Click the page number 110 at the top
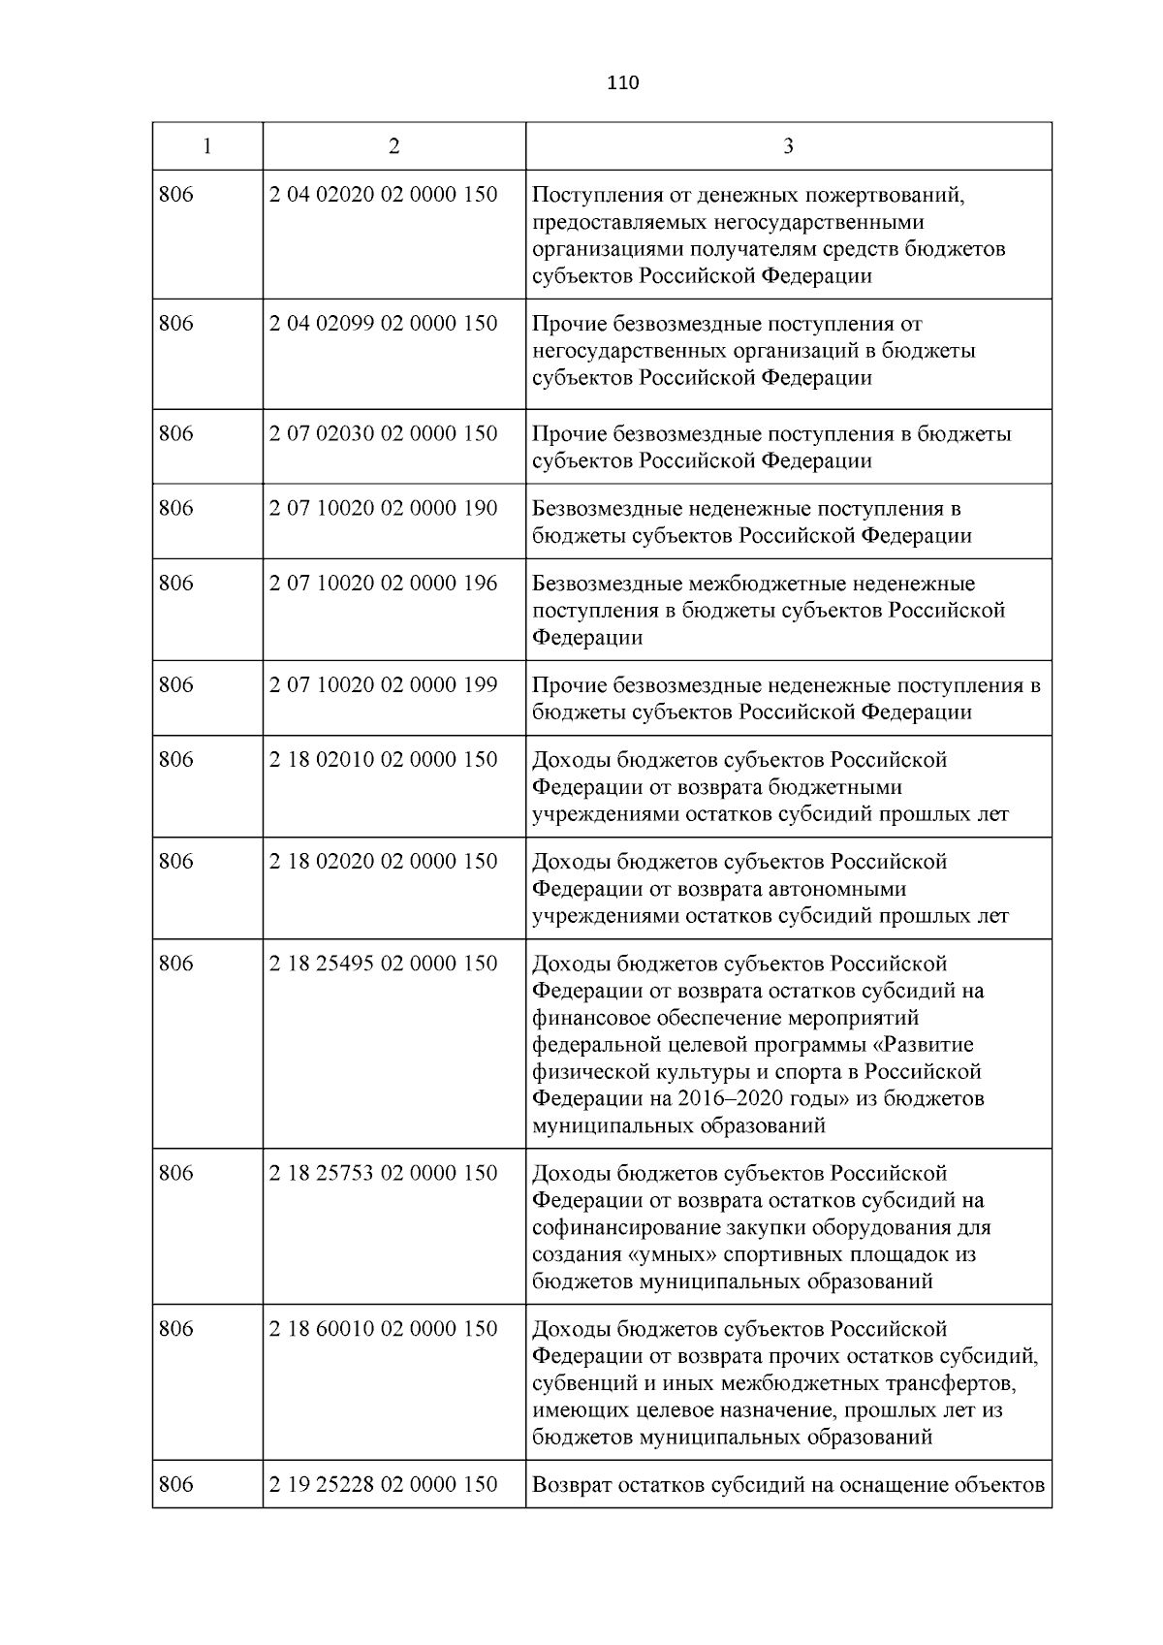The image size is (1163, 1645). click(623, 83)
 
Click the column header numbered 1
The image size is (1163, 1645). click(207, 146)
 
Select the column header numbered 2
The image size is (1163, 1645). click(393, 146)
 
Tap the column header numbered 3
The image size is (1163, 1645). click(788, 146)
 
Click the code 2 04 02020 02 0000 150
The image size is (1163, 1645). click(383, 195)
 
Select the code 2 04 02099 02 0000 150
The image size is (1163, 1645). click(383, 324)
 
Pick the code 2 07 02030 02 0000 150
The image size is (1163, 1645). click(383, 433)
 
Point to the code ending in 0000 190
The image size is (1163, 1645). click(383, 508)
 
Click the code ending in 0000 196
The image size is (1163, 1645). click(383, 584)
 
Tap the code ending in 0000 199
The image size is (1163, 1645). click(383, 685)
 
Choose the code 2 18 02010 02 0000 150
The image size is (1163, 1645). click(383, 760)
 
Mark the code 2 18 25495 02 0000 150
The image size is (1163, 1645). click(383, 964)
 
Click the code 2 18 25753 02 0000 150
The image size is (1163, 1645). click(383, 1174)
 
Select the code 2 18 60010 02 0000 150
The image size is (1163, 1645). click(383, 1329)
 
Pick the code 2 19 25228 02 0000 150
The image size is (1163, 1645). click(383, 1485)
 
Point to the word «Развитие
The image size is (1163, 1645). click(921, 1046)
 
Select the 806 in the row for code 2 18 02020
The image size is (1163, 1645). click(176, 862)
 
